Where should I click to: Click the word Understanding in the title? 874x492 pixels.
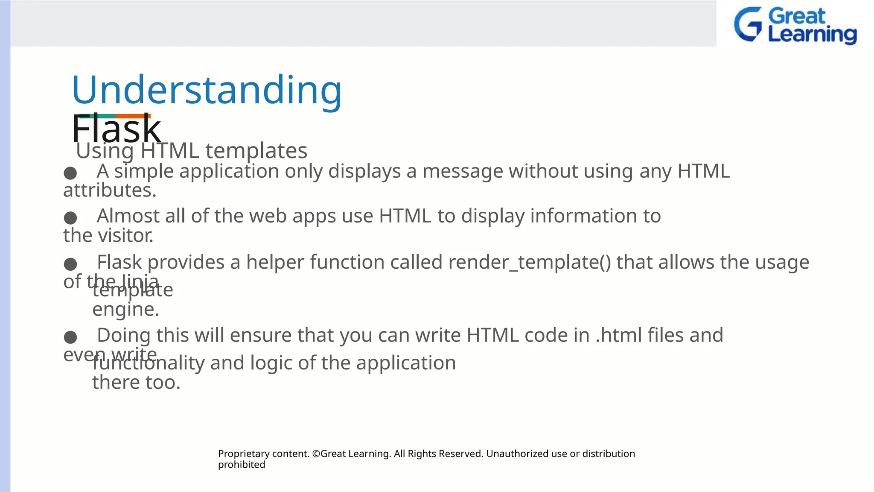(x=207, y=91)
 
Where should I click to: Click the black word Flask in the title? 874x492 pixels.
(x=116, y=129)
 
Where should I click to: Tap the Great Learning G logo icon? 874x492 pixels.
(x=748, y=24)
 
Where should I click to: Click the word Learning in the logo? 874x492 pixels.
(x=812, y=34)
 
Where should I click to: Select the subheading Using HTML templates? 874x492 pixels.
(x=192, y=151)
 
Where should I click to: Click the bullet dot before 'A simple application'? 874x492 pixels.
(x=70, y=173)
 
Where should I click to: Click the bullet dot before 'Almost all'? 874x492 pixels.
(x=70, y=218)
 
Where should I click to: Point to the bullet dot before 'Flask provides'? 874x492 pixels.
(x=70, y=264)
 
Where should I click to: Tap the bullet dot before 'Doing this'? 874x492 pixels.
(x=70, y=337)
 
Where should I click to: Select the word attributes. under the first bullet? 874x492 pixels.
(x=110, y=190)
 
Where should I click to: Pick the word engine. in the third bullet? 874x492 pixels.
(x=125, y=310)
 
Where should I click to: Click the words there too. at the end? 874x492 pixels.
(x=136, y=383)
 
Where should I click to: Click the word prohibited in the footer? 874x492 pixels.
(x=242, y=465)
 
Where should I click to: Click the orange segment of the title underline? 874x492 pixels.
(x=133, y=116)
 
